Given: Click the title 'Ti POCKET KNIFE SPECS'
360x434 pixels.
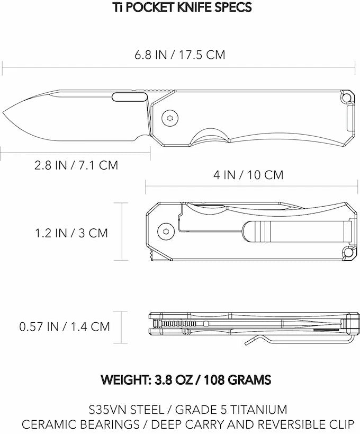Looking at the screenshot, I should (x=179, y=7).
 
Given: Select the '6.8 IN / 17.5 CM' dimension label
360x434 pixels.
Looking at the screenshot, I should (x=179, y=55).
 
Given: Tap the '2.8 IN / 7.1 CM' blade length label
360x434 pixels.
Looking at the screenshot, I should (x=76, y=165).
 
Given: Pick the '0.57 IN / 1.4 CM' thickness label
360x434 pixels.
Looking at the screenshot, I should (x=65, y=326).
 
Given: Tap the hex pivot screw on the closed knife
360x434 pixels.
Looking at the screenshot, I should (x=165, y=231).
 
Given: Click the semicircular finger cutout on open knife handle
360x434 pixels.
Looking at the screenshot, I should (x=209, y=136).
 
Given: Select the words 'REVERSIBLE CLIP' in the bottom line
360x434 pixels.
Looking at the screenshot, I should (x=311, y=424).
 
